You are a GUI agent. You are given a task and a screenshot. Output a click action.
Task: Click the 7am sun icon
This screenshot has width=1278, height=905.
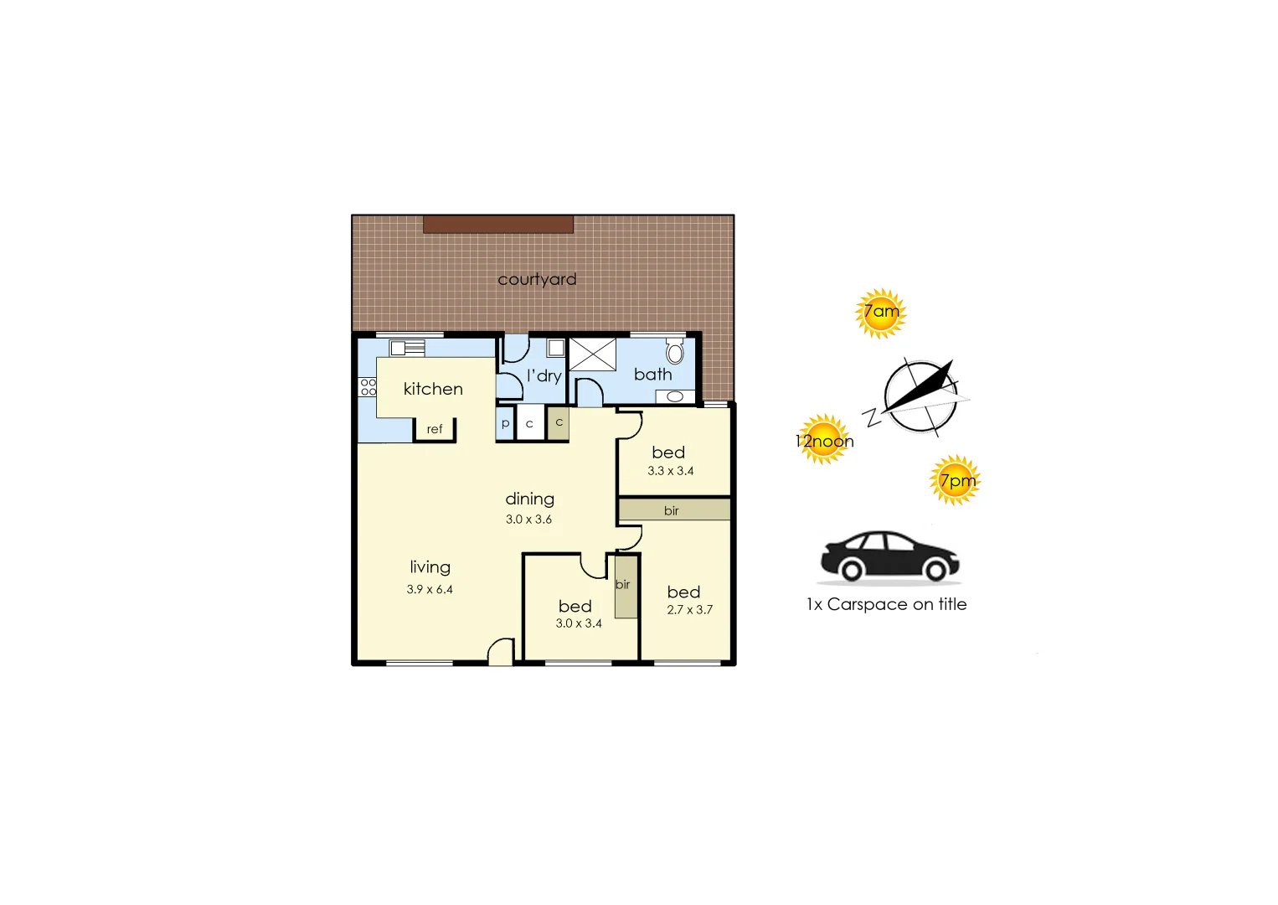tap(880, 313)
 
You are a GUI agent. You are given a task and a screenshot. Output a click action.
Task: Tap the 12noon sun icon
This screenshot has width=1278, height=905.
tap(825, 439)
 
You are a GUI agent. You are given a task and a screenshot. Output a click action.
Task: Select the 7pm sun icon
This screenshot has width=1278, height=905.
tap(955, 480)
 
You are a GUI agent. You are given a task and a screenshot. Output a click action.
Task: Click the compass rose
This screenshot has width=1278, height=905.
tap(920, 397)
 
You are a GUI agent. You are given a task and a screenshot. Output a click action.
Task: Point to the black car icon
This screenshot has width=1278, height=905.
tap(889, 556)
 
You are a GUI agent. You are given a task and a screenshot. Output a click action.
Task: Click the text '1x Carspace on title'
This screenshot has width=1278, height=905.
tap(886, 604)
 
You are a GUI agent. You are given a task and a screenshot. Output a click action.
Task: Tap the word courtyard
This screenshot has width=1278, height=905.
tap(537, 279)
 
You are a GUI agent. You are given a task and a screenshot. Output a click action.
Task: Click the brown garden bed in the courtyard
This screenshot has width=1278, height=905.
tap(497, 224)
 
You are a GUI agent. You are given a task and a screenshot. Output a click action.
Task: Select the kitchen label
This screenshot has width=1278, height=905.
tap(433, 389)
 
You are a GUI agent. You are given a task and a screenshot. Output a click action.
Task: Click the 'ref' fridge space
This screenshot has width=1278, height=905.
tap(435, 429)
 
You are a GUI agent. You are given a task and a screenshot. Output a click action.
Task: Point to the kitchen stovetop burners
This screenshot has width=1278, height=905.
tap(368, 386)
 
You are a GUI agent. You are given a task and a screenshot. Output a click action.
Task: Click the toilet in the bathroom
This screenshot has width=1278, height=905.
tap(675, 350)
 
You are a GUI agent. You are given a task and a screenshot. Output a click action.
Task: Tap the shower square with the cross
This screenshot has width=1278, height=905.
tap(592, 354)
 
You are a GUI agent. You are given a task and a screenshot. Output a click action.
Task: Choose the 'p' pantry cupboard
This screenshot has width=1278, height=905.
tap(505, 423)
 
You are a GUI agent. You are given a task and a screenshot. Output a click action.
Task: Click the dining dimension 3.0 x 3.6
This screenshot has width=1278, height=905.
tap(528, 520)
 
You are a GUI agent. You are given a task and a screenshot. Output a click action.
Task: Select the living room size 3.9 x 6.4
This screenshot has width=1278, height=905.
tap(430, 589)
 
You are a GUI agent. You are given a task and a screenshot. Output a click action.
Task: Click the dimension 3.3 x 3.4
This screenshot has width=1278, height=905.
tap(670, 471)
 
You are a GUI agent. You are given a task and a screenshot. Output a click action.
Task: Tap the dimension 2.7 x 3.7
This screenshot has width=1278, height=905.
tap(689, 610)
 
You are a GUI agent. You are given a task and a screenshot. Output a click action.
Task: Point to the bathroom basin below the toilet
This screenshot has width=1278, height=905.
tap(675, 396)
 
